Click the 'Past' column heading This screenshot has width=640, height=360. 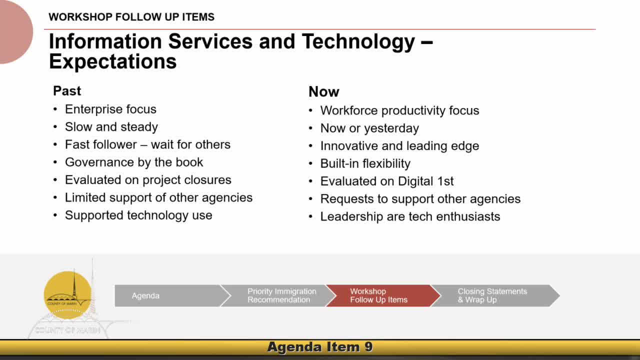click(x=67, y=91)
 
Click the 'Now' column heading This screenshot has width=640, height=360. click(x=323, y=91)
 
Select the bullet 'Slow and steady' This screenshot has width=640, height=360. click(x=111, y=127)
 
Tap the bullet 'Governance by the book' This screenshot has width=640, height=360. click(x=134, y=162)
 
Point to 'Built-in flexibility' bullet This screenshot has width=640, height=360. click(x=365, y=163)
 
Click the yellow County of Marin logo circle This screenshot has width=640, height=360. click(x=67, y=295)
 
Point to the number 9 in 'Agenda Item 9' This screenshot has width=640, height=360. click(x=368, y=347)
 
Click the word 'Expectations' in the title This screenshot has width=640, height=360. click(x=113, y=61)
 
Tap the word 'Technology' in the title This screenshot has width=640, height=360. click(x=358, y=41)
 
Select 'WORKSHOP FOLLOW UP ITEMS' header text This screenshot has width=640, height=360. click(x=131, y=17)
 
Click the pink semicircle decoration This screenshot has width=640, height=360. click(x=15, y=32)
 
